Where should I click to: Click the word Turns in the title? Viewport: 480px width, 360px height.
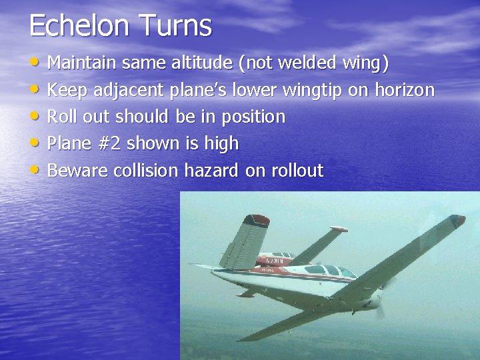coord(177,25)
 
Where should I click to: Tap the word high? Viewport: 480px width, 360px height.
coord(219,143)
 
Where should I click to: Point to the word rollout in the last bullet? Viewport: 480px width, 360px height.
coord(297,171)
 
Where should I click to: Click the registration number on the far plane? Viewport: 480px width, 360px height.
coord(274,261)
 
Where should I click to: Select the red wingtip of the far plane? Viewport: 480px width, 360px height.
coord(340,229)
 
